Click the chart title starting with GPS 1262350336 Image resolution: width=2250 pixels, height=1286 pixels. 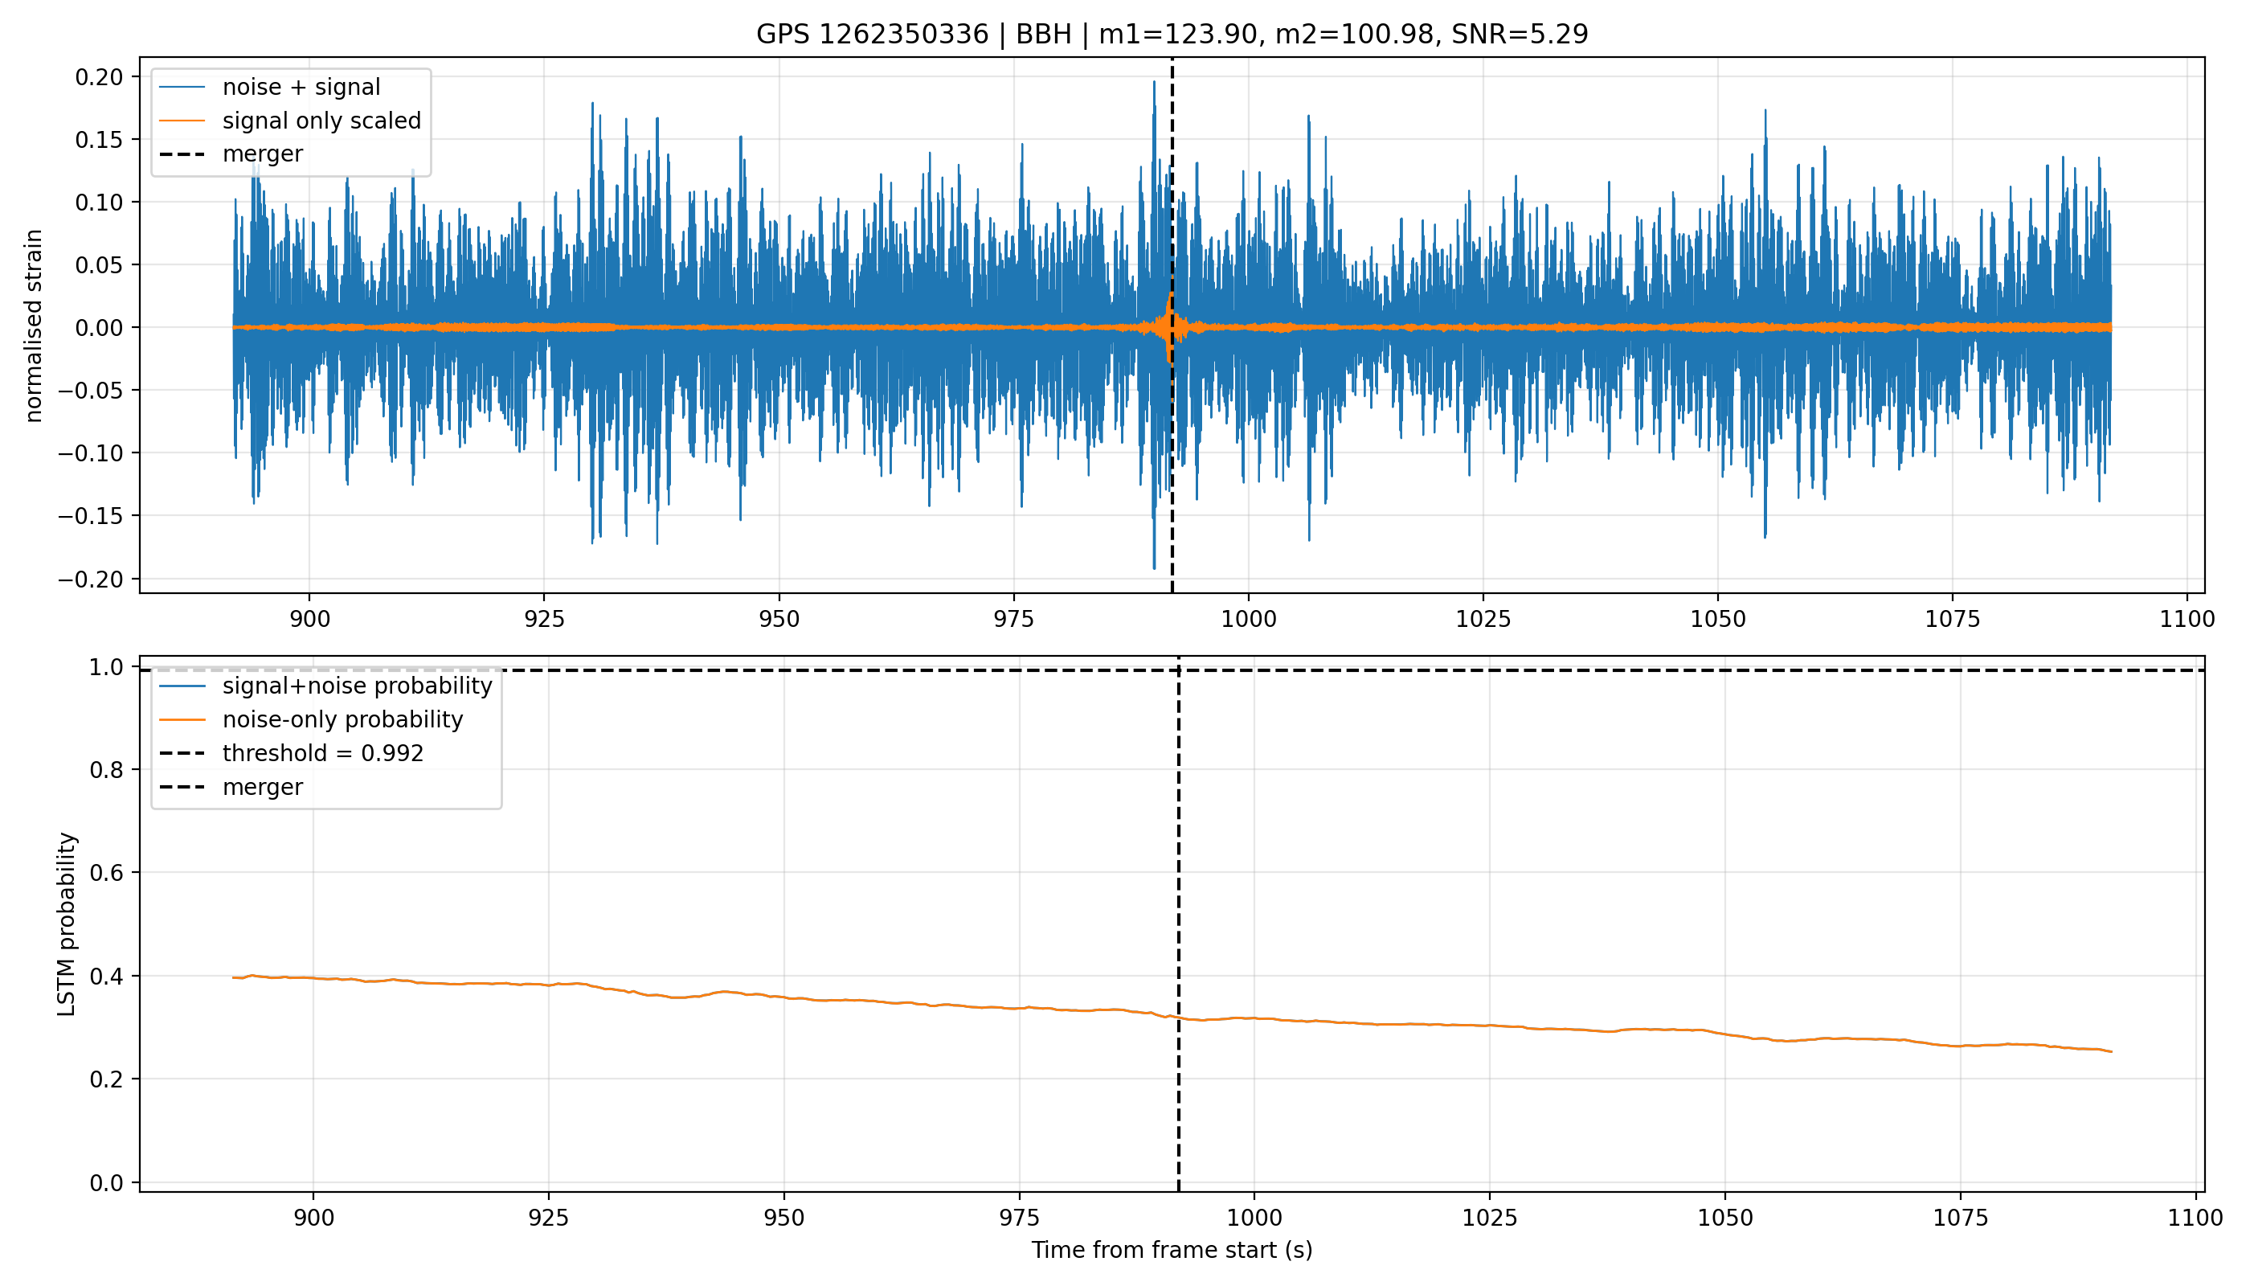pos(1172,34)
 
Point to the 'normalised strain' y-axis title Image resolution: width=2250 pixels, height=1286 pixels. pos(34,326)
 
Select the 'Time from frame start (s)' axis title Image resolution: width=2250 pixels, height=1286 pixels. pos(1172,1251)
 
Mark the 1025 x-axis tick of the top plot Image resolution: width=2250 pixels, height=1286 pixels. pos(1483,619)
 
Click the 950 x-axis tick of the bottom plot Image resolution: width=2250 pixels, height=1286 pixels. pos(783,1218)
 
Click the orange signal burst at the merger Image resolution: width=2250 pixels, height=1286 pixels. pos(1171,327)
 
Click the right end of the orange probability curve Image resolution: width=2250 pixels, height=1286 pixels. pos(2110,1051)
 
